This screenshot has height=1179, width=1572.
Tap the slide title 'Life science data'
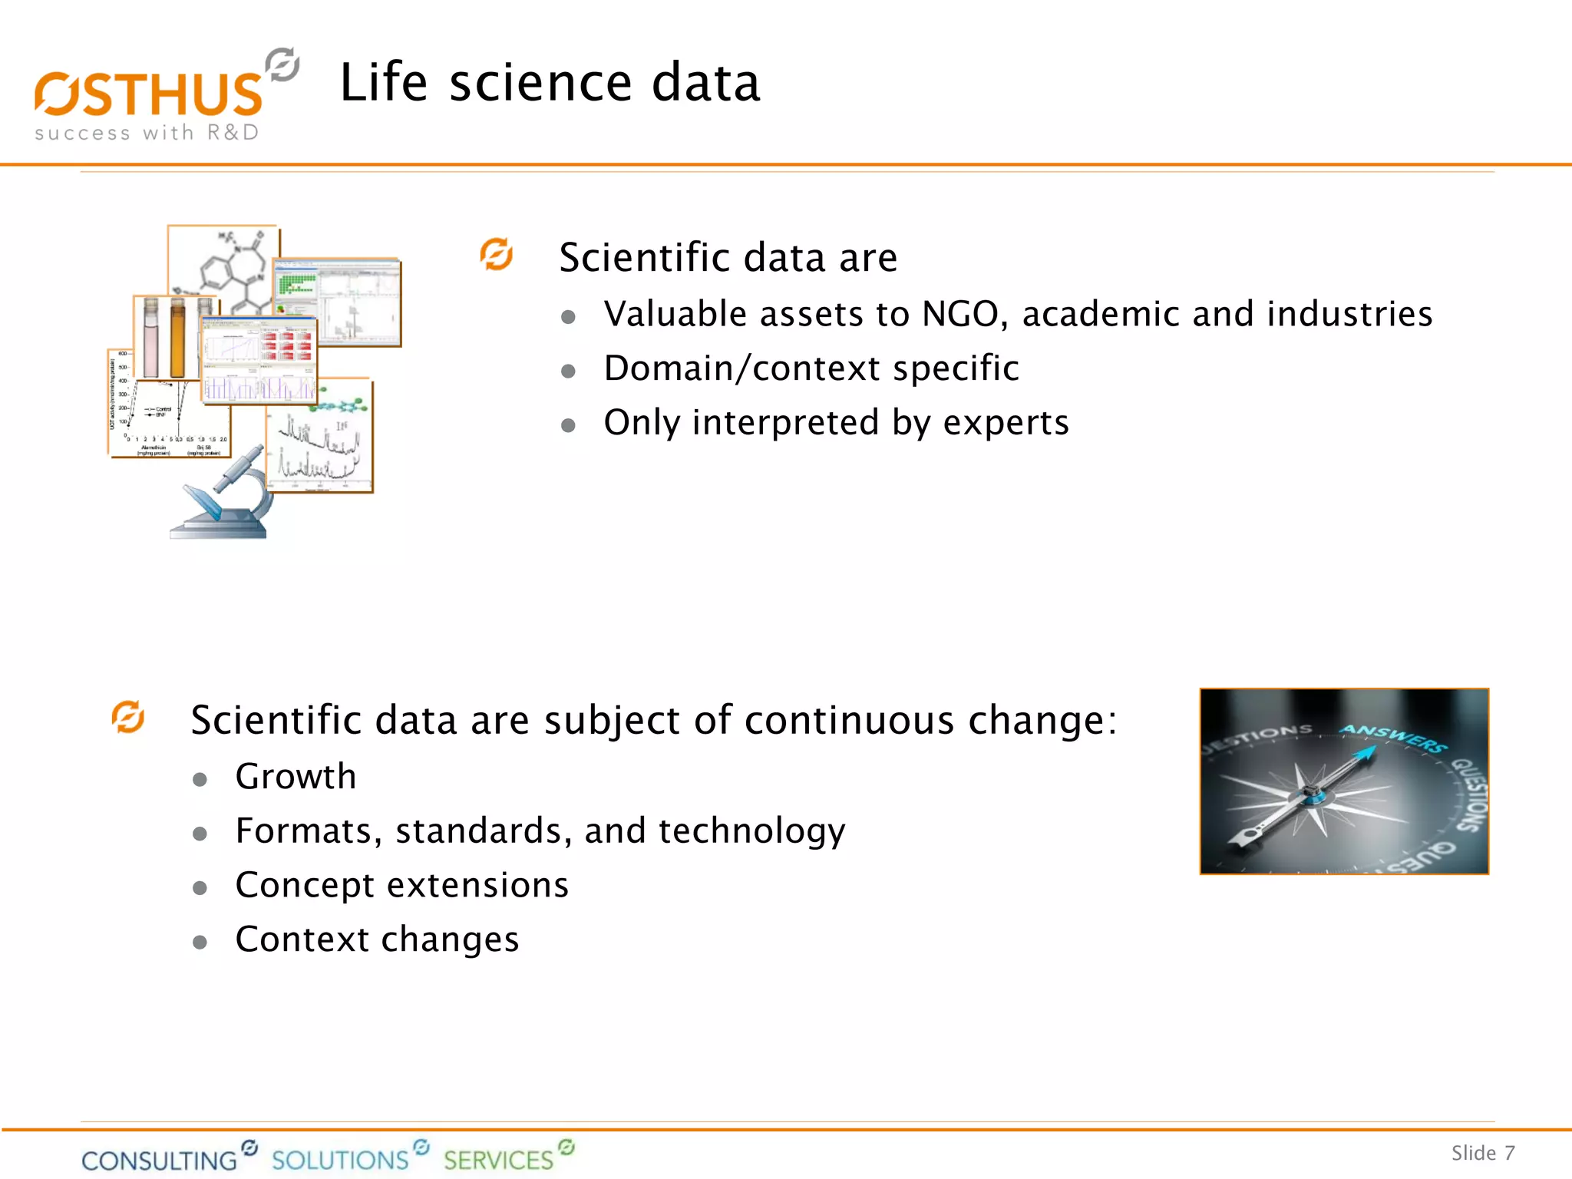click(550, 83)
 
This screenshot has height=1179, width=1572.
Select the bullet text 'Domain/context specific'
click(811, 368)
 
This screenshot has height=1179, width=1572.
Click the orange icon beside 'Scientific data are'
click(497, 255)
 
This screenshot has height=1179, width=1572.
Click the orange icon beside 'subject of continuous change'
click(128, 717)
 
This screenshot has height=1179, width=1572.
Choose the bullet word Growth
click(296, 777)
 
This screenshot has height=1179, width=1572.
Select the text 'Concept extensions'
click(402, 885)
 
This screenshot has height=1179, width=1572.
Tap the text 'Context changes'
click(377, 940)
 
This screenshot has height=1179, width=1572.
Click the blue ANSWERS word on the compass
click(1393, 738)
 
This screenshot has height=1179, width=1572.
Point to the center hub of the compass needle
click(1312, 793)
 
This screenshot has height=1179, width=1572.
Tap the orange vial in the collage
click(177, 339)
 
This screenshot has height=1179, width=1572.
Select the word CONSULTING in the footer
click(160, 1160)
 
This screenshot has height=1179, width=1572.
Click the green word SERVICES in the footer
click(498, 1160)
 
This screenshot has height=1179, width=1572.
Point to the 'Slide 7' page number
click(1482, 1153)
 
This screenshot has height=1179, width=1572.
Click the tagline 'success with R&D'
click(147, 133)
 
